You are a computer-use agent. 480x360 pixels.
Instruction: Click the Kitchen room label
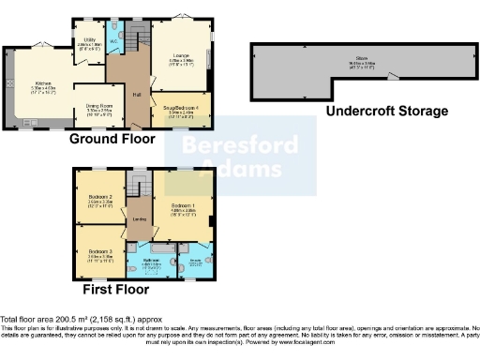click(x=43, y=82)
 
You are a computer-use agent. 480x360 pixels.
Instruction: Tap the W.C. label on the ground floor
click(x=113, y=40)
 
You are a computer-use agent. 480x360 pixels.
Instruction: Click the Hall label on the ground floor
click(x=136, y=94)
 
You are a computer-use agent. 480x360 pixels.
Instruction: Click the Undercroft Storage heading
click(x=386, y=111)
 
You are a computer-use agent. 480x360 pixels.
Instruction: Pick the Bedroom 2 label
click(x=100, y=197)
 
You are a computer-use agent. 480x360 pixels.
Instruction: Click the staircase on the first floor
click(x=140, y=184)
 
